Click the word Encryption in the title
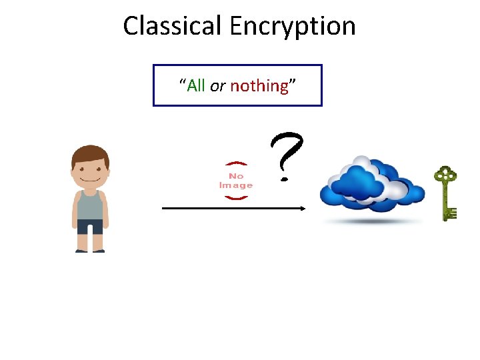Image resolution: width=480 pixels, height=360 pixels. click(293, 27)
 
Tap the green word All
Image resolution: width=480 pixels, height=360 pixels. click(196, 85)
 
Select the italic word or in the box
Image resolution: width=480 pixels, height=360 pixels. click(217, 86)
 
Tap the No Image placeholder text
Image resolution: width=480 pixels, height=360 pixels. click(236, 181)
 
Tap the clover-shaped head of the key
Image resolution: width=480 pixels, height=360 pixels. click(445, 176)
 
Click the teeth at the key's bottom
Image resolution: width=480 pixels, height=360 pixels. click(451, 213)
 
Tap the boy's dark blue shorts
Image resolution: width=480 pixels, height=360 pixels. click(90, 227)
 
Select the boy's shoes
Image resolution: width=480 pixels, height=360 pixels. click(90, 251)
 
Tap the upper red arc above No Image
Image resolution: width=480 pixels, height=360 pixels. click(236, 164)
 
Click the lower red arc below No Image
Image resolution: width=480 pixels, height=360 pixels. click(236, 197)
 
